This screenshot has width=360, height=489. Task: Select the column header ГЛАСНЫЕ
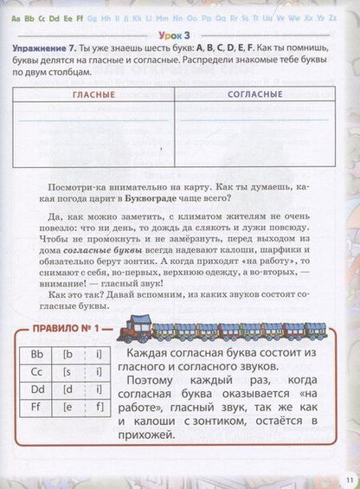[x=93, y=93]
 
